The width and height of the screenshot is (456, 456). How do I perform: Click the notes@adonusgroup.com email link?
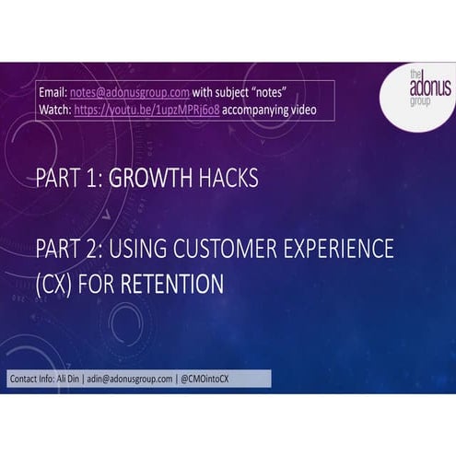(130, 92)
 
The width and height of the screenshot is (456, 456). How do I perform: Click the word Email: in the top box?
(53, 92)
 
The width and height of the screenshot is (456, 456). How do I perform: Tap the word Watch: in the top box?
(55, 109)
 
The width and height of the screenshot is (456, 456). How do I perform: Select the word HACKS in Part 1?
(223, 179)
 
